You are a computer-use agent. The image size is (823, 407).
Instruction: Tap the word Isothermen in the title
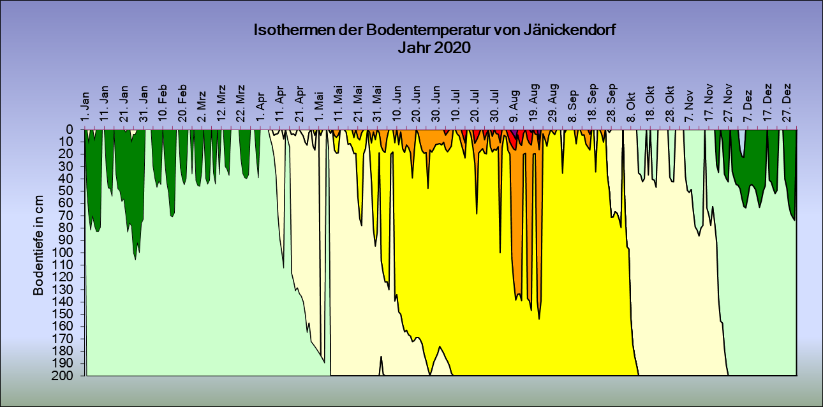click(x=290, y=30)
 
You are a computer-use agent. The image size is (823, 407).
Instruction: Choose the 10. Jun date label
click(x=397, y=104)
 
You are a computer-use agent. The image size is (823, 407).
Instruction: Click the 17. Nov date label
click(x=708, y=103)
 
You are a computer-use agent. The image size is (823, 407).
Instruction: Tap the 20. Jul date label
click(x=475, y=105)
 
